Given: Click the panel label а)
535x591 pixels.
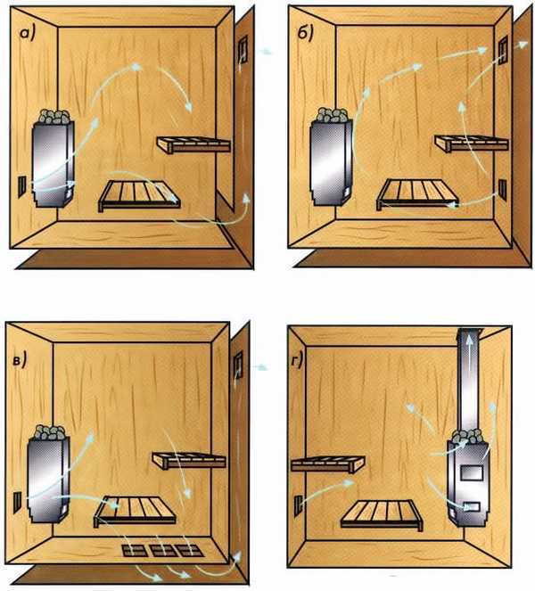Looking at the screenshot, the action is click(x=28, y=34).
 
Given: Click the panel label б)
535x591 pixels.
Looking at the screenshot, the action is click(x=306, y=34).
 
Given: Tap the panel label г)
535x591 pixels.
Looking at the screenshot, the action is click(x=297, y=361).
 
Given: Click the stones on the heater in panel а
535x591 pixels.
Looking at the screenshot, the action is click(x=54, y=116).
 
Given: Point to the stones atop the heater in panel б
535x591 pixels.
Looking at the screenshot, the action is click(x=333, y=115).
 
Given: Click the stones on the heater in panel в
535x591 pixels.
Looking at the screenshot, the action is click(x=50, y=432).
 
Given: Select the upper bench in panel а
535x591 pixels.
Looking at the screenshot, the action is click(x=193, y=145).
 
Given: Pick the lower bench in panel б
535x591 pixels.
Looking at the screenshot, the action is click(x=417, y=193).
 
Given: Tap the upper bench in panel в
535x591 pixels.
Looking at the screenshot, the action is click(x=189, y=461).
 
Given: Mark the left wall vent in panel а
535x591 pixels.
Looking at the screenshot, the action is click(x=22, y=186).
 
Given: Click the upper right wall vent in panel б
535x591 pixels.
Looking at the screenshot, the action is click(x=503, y=50).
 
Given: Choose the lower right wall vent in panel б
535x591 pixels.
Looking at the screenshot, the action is click(x=503, y=189).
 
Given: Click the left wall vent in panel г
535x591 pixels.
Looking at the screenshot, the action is click(x=298, y=505).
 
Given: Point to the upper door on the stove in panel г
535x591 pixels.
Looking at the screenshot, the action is click(x=472, y=472).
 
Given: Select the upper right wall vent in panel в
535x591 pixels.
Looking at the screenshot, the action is click(x=238, y=365).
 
